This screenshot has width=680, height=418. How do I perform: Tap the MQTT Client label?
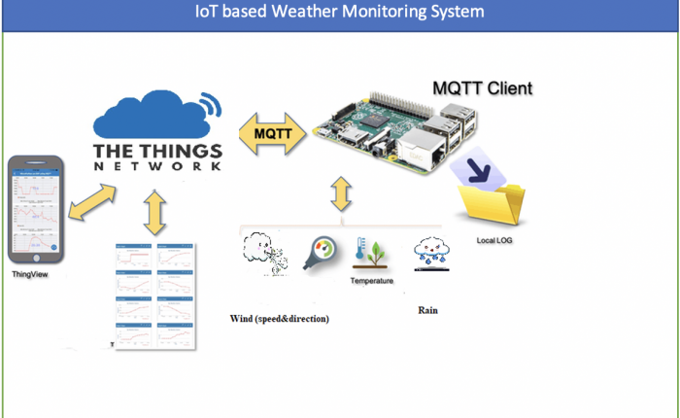482,89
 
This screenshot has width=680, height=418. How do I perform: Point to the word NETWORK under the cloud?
158,167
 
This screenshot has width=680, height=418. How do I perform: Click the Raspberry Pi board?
393,131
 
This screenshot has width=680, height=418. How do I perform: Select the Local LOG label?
495,239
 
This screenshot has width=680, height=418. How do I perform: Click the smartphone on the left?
34,210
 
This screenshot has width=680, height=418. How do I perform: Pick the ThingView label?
30,275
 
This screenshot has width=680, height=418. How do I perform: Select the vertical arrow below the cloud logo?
154,213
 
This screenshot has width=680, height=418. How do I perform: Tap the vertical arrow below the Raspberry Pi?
341,193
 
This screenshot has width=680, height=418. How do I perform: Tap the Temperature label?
372,281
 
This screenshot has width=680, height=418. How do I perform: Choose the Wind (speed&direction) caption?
279,318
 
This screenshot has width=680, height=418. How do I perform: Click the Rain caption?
428,310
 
